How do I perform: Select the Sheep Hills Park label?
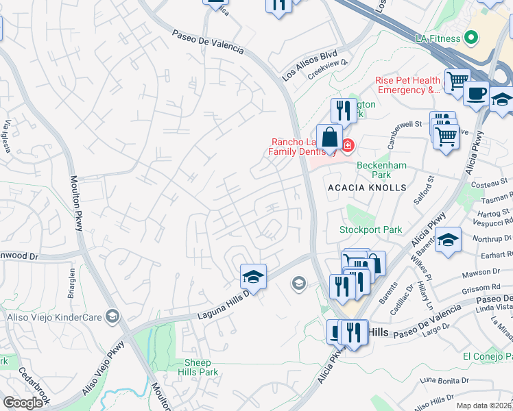tap(201, 367)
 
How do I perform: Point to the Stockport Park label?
tap(371, 230)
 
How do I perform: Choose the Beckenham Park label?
tap(382, 170)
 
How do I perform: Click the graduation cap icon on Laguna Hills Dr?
tap(253, 277)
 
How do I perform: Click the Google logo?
tap(23, 403)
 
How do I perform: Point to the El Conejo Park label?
tap(488, 356)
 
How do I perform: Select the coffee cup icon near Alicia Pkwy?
tap(476, 93)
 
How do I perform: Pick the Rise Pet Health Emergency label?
tap(407, 85)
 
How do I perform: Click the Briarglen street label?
tap(72, 282)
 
